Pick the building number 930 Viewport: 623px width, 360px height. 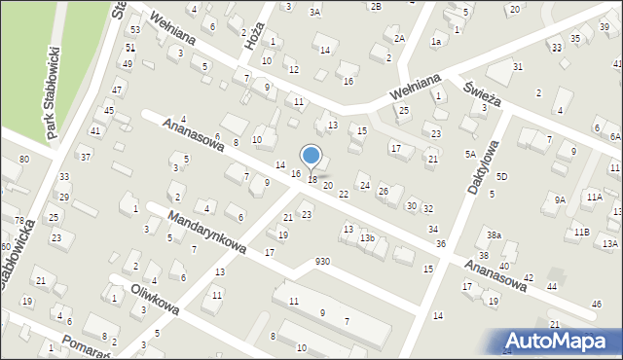pyautogui.click(x=322, y=262)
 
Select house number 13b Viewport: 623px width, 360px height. pyautogui.click(x=367, y=237)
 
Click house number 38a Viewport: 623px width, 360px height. pyautogui.click(x=495, y=235)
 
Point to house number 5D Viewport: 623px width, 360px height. pyautogui.click(x=501, y=176)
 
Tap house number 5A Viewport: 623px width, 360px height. pyautogui.click(x=470, y=154)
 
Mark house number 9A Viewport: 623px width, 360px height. pyautogui.click(x=560, y=199)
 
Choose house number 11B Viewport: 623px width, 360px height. pyautogui.click(x=581, y=232)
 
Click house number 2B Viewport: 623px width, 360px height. pyautogui.click(x=375, y=6)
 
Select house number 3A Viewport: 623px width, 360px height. pyautogui.click(x=314, y=12)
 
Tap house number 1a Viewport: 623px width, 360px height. pyautogui.click(x=437, y=42)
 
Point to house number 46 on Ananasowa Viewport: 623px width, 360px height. pyautogui.click(x=595, y=305)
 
